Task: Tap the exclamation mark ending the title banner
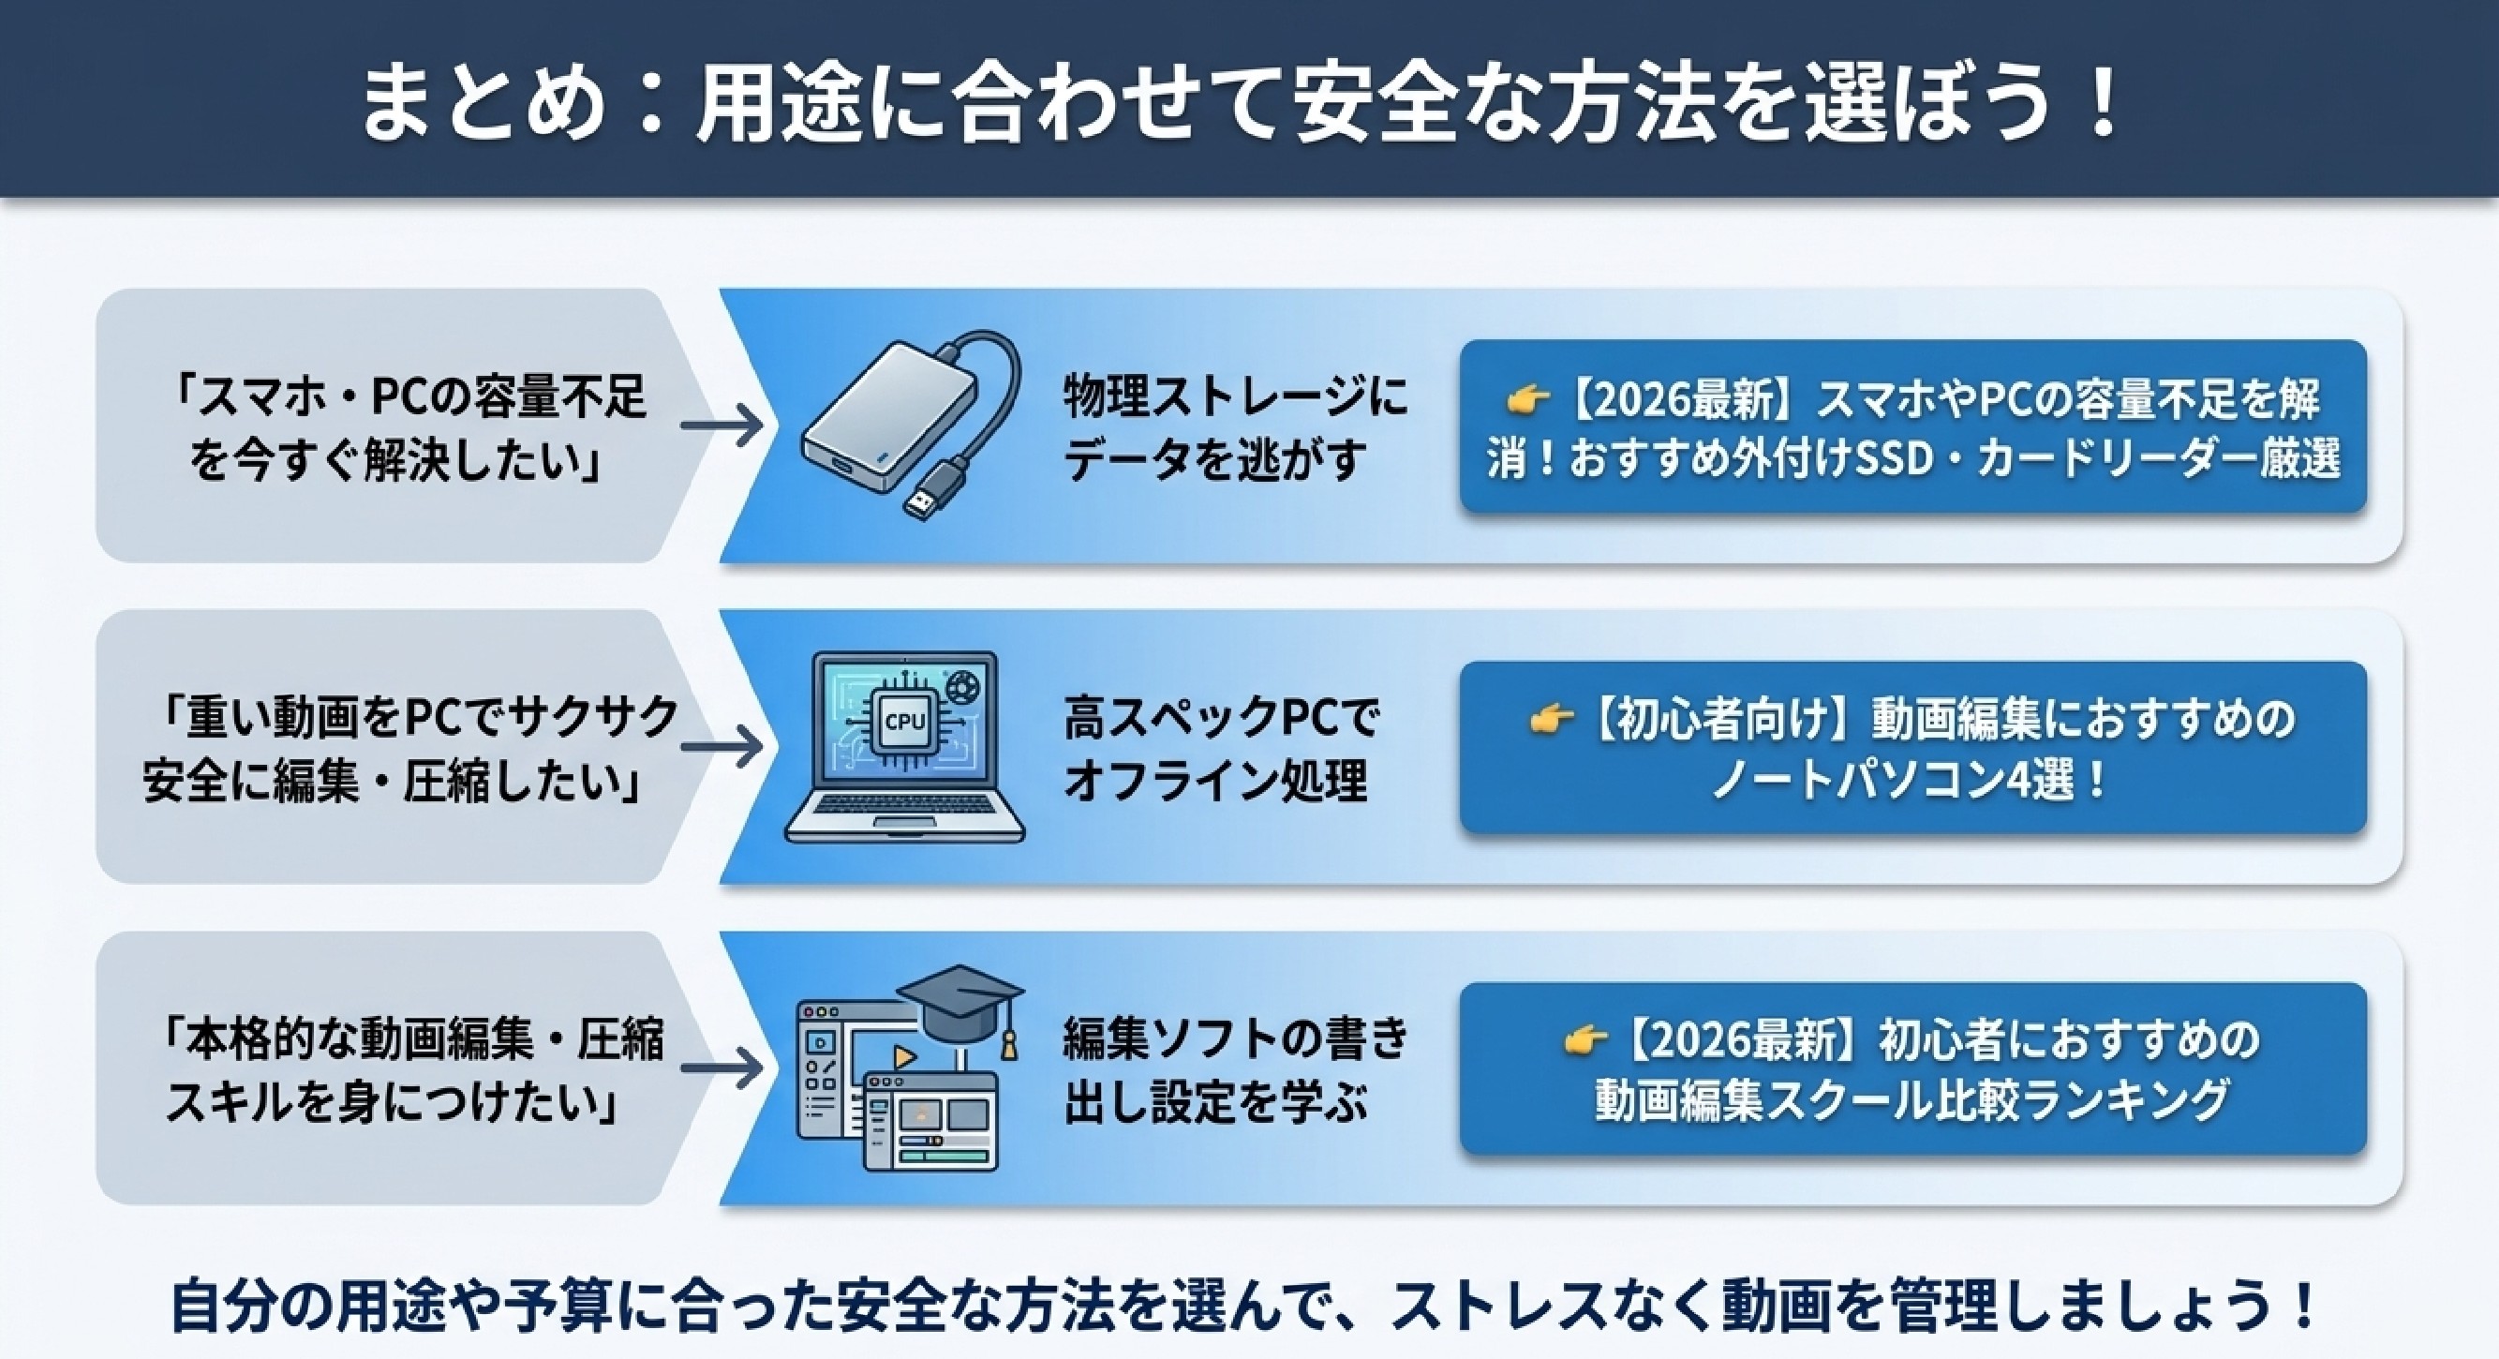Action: click(2105, 101)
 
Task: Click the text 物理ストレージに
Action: click(1234, 396)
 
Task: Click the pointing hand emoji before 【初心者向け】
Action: click(1550, 718)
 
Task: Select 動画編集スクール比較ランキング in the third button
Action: click(1911, 1102)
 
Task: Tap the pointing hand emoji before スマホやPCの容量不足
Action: click(1529, 397)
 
